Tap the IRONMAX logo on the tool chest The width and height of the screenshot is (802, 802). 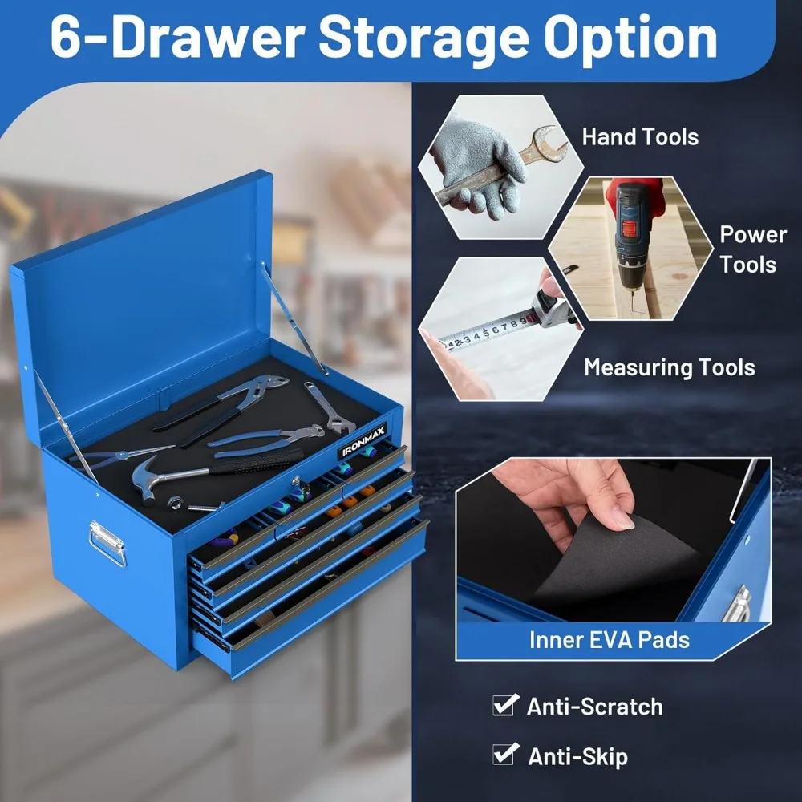pos(363,441)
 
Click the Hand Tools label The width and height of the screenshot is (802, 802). pos(640,136)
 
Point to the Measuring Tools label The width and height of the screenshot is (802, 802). pos(669,367)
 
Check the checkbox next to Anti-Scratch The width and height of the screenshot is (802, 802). pos(504,705)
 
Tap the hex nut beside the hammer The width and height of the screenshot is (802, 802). pos(173,500)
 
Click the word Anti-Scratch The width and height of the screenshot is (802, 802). pos(594,707)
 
